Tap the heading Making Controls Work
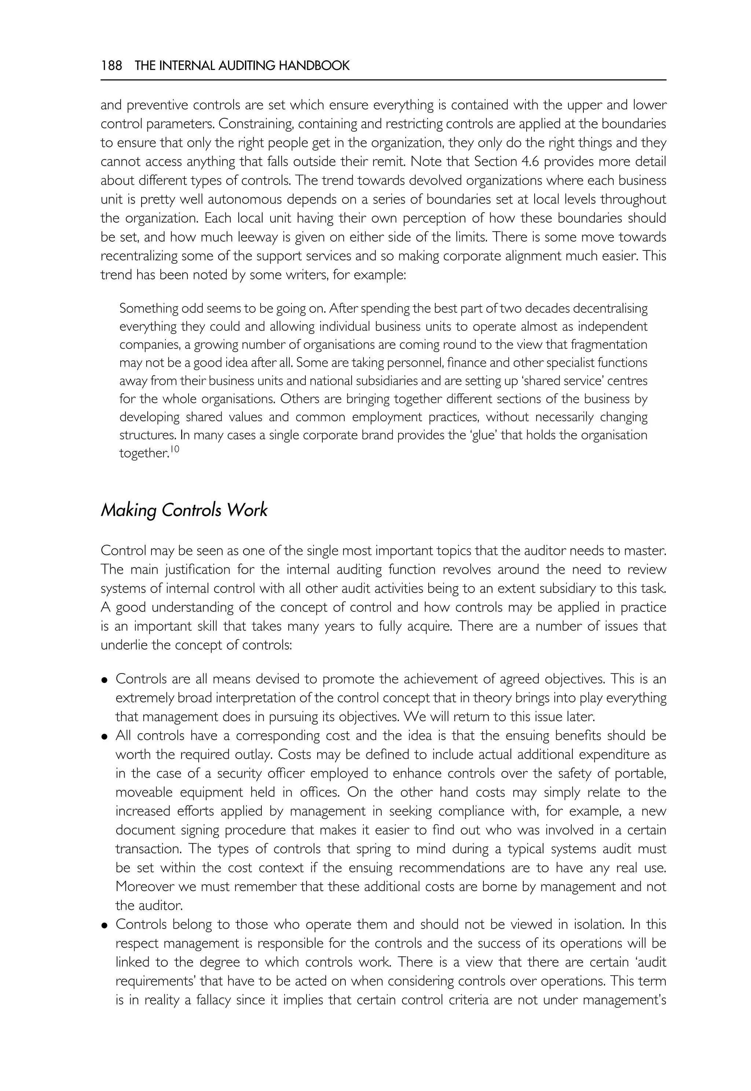pyautogui.click(x=184, y=510)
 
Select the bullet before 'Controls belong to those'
pyautogui.click(x=105, y=925)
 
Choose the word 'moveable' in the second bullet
pyautogui.click(x=143, y=792)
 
